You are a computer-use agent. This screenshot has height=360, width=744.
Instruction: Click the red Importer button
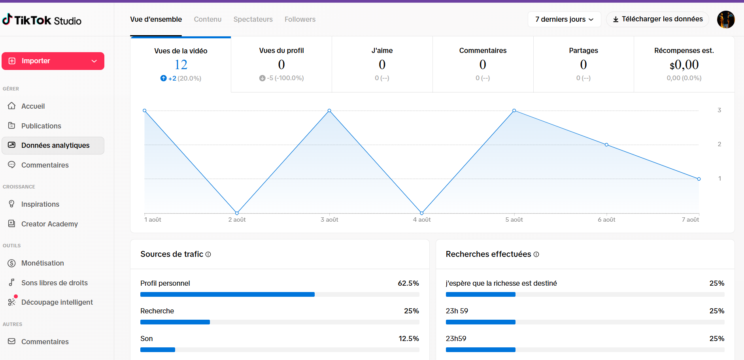[x=53, y=61]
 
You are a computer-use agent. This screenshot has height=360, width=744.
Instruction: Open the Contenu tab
[x=208, y=19]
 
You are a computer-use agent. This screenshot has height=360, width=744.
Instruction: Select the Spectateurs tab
[x=253, y=19]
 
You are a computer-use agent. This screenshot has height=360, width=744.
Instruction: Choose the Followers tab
[x=300, y=19]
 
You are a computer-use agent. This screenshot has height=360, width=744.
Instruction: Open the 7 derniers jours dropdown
[x=564, y=19]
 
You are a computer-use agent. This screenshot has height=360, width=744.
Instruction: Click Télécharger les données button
[x=657, y=19]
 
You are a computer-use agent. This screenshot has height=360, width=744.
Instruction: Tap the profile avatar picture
[x=726, y=19]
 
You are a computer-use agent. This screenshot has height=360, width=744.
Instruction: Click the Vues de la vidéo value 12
[x=181, y=64]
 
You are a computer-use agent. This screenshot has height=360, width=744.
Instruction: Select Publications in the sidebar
[x=41, y=126]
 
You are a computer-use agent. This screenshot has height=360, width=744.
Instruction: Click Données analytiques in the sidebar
[x=53, y=145]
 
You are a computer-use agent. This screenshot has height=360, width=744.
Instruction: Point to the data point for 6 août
[x=606, y=145]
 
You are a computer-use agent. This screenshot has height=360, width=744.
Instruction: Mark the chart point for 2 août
[x=237, y=213]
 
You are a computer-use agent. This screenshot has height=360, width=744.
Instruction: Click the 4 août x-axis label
[x=422, y=220]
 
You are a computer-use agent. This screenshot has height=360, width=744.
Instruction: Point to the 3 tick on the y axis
[x=719, y=110]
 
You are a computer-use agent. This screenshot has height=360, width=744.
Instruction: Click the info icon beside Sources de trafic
[x=208, y=254]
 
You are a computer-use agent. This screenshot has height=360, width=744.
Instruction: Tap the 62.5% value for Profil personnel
[x=408, y=283]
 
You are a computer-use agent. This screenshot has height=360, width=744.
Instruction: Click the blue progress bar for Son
[x=158, y=350]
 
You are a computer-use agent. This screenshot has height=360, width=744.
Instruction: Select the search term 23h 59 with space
[x=457, y=311]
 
